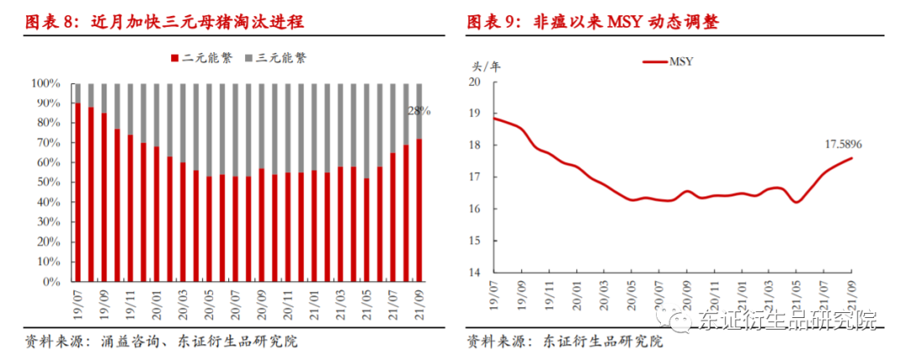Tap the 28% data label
click(419, 111)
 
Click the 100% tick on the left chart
click(45, 84)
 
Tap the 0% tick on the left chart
click(51, 282)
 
